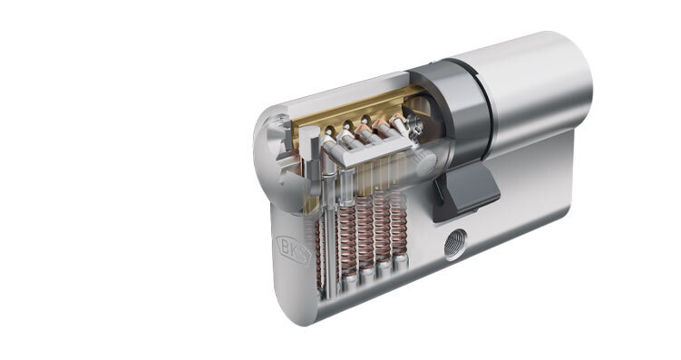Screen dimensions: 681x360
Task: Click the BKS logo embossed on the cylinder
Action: (294, 250)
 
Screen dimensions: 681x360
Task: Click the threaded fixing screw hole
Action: (455, 244)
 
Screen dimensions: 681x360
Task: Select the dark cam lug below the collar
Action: (467, 192)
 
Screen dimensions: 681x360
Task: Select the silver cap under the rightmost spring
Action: (400, 262)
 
